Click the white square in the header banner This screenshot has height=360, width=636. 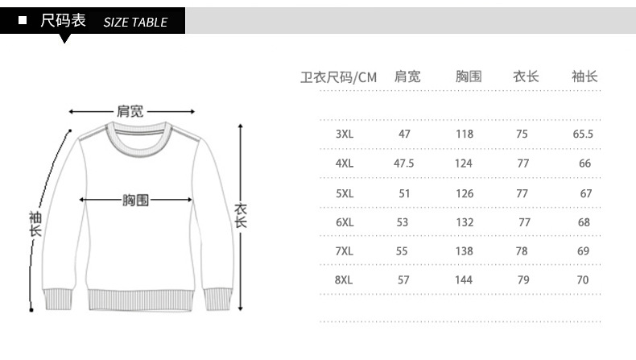(23, 20)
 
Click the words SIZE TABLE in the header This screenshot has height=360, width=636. (135, 23)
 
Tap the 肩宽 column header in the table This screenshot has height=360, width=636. (407, 77)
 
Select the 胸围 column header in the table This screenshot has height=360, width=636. (469, 77)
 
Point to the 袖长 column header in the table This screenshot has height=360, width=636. (584, 77)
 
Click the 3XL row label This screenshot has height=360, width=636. (345, 134)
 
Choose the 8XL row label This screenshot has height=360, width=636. (344, 279)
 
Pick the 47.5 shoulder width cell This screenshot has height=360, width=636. (403, 163)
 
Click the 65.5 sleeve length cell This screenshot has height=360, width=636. (583, 134)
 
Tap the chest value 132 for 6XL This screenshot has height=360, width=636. (465, 222)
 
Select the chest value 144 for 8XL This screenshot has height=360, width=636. (464, 279)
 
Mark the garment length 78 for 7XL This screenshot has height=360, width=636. (522, 250)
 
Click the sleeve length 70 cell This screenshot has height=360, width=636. (582, 279)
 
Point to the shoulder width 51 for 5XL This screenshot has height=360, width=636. (404, 193)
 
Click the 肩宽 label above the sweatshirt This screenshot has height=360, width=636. (130, 111)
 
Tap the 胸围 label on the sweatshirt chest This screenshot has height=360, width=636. (135, 200)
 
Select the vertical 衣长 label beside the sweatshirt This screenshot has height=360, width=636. (241, 216)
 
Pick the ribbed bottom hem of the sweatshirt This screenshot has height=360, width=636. (140, 300)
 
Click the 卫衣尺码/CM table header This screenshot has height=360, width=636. (339, 77)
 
